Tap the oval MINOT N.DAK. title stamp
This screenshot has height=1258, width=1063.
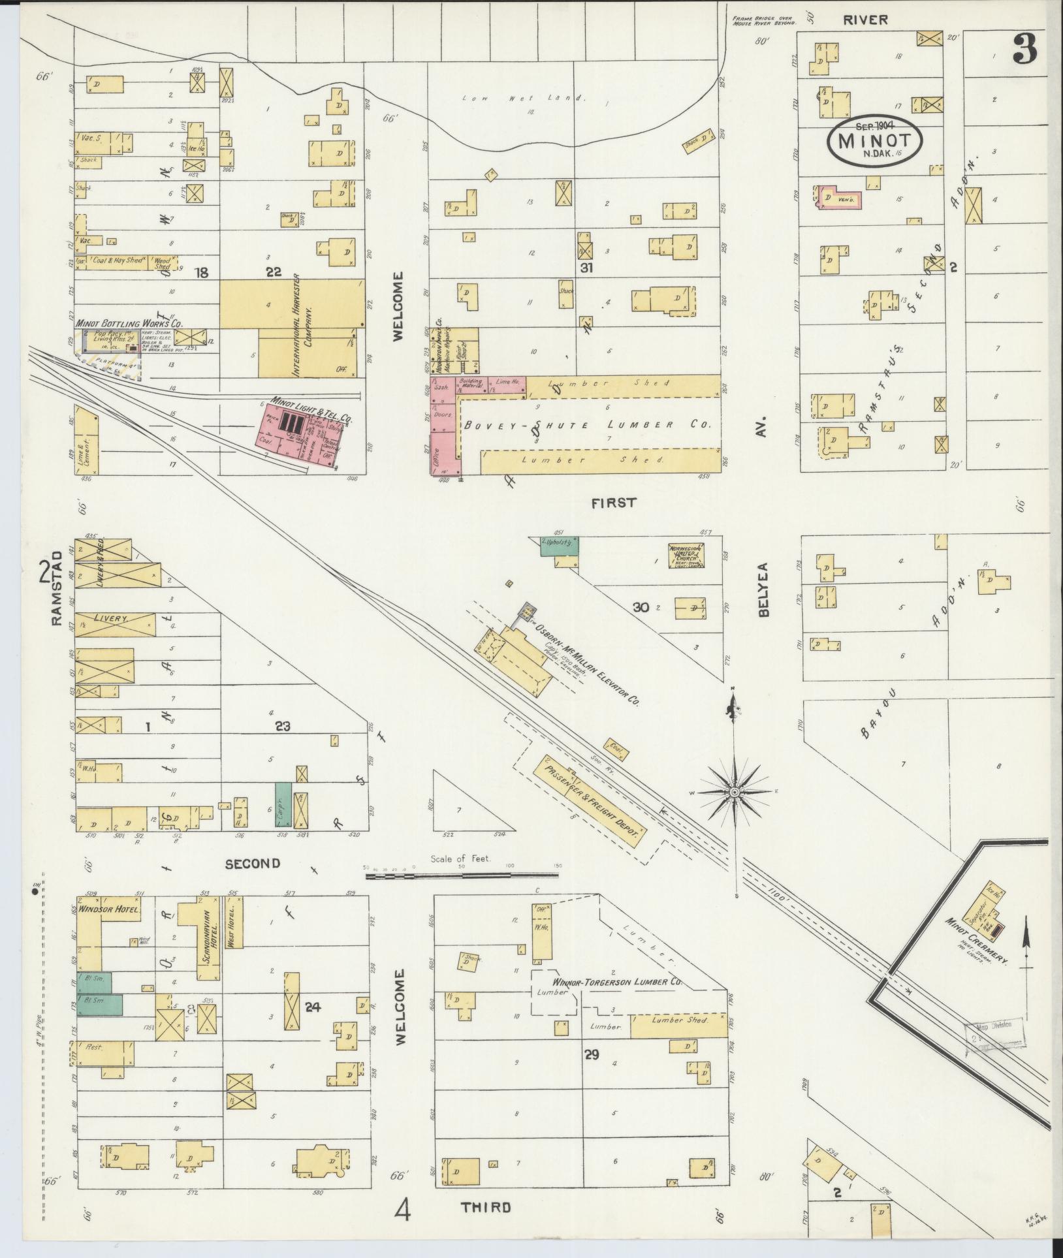pos(874,143)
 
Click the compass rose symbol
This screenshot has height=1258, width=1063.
pos(734,792)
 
